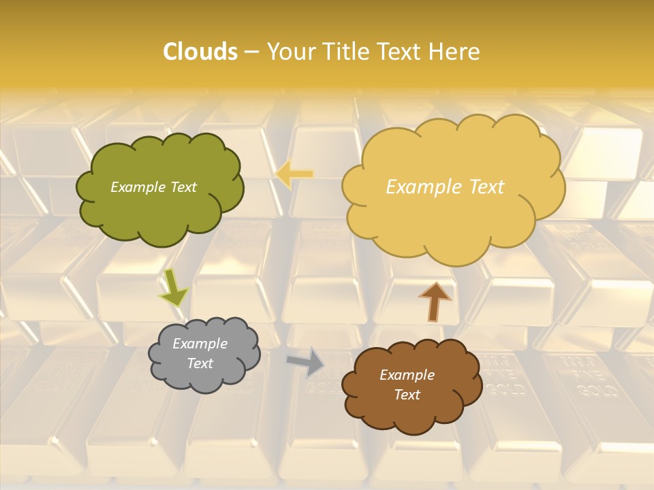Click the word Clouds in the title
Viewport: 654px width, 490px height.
tap(200, 52)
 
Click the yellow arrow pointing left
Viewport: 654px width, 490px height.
tap(294, 174)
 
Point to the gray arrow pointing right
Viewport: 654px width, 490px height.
tap(305, 361)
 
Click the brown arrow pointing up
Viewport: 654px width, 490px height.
tap(435, 301)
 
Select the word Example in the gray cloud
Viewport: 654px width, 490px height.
tap(200, 344)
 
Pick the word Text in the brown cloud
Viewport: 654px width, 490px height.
tap(407, 395)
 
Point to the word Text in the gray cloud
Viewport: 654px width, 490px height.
tap(200, 363)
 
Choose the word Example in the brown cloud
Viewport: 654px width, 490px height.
tap(407, 375)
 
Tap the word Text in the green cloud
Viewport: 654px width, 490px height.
tap(183, 187)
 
